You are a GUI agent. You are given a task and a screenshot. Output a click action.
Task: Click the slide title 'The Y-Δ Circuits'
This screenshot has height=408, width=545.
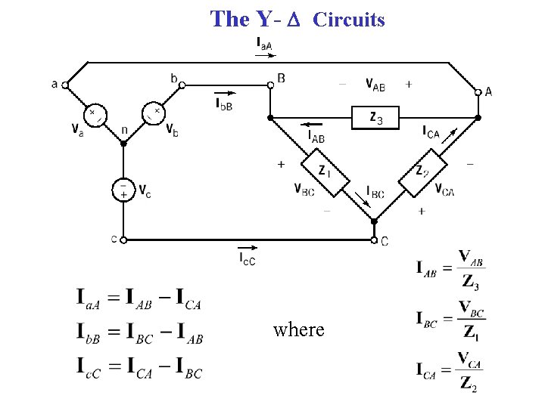coord(297,19)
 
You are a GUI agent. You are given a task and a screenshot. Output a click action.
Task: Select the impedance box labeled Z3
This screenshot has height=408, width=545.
coord(375,118)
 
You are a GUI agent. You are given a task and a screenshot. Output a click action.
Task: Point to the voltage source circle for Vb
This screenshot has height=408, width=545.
coord(154,114)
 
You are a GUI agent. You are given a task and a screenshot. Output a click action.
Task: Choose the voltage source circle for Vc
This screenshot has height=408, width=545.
coord(123,190)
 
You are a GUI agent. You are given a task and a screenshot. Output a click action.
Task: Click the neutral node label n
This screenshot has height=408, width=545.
coord(124,130)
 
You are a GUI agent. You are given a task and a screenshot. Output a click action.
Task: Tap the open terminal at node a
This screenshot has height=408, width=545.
coord(66,84)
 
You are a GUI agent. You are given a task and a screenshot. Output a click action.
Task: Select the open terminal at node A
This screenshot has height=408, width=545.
coord(478,92)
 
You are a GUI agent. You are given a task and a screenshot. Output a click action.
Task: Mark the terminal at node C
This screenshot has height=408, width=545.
coord(374,240)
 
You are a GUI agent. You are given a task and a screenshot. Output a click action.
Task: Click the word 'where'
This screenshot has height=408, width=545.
coord(298,330)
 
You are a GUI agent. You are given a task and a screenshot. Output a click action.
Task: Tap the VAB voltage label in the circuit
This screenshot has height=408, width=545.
coord(375,85)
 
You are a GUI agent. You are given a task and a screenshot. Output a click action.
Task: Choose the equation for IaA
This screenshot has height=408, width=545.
coord(139,299)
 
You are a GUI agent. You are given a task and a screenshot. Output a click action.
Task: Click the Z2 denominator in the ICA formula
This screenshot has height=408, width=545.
coord(469,383)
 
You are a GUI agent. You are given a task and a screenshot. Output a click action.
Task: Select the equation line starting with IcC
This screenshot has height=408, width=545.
coord(139,369)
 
